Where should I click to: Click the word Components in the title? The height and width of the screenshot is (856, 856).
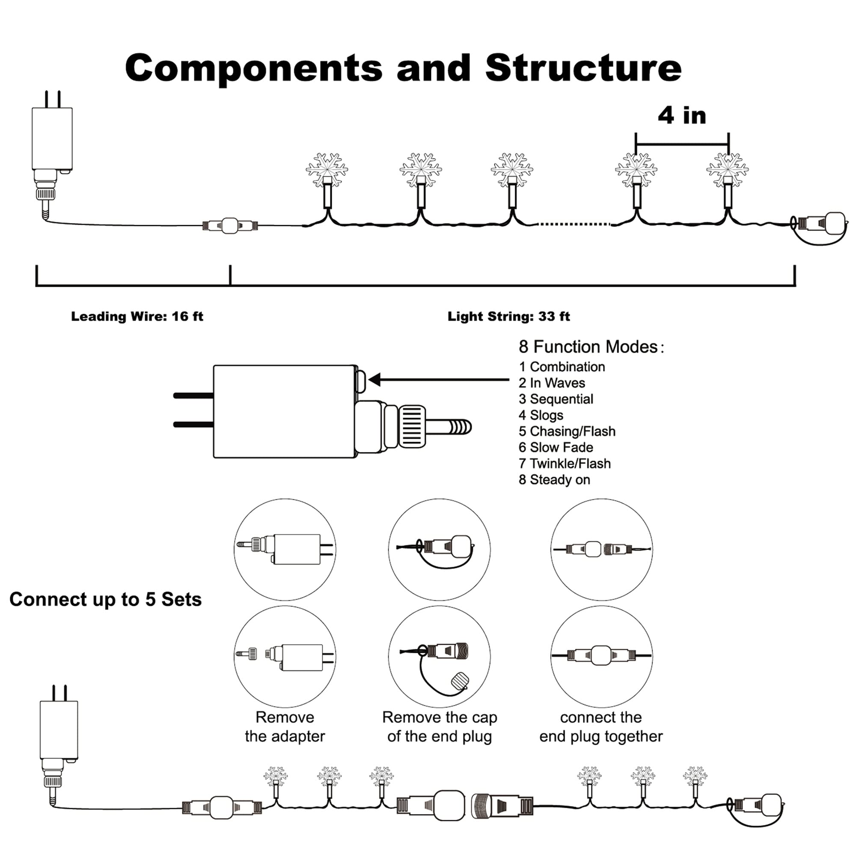coord(253,68)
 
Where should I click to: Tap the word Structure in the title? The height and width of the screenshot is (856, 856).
coord(583,68)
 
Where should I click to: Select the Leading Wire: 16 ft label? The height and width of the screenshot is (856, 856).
coord(137,316)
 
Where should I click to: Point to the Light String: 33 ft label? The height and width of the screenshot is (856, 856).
coord(508,316)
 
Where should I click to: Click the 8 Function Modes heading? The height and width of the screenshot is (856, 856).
coord(591,347)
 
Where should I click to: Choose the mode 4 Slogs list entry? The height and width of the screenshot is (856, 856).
coord(541,415)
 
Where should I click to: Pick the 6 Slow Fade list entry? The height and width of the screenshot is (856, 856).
coord(556,448)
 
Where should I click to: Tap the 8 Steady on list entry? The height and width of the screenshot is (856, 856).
coord(554,480)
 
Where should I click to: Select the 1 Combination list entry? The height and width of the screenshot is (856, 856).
coord(562,367)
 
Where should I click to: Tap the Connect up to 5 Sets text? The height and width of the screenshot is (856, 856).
coord(105,600)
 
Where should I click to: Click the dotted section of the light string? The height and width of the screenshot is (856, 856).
coord(574,224)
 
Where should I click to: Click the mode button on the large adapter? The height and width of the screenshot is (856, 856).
coord(361,380)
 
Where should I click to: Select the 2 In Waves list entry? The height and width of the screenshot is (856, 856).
coord(552,383)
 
